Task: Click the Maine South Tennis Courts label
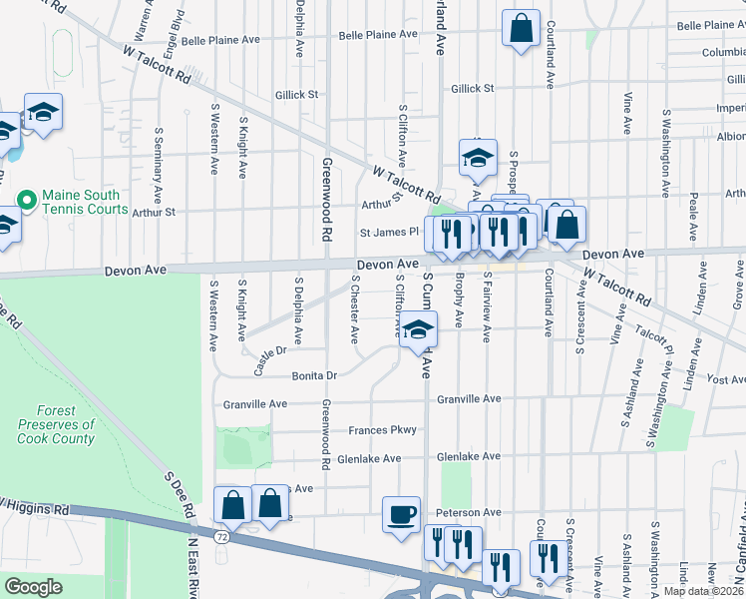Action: tap(85, 202)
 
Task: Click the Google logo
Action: tap(33, 587)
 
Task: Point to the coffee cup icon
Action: tap(401, 515)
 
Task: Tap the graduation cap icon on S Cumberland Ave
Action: tap(418, 330)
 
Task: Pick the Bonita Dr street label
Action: tap(316, 376)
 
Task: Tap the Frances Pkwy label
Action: tap(382, 430)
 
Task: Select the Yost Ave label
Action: tap(725, 379)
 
